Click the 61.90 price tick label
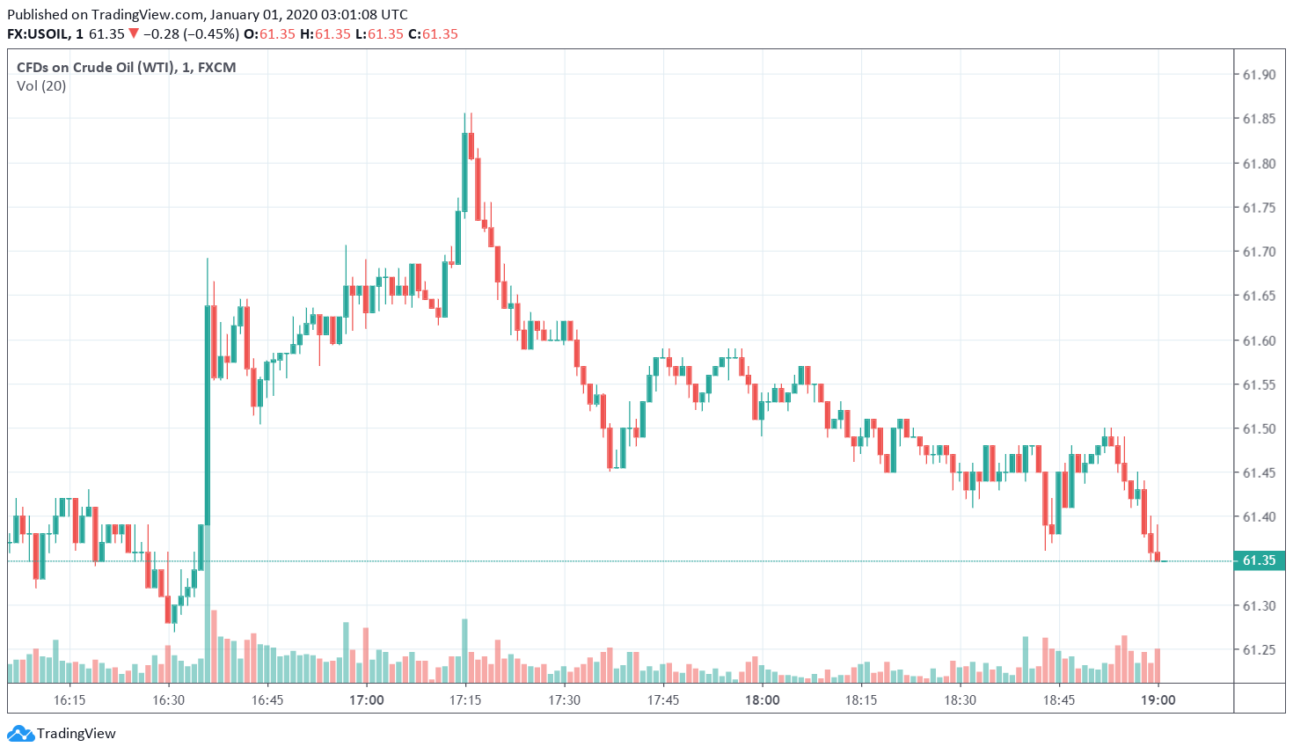click(1258, 75)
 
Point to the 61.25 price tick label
click(1258, 650)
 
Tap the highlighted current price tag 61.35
click(1259, 560)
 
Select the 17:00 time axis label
click(366, 700)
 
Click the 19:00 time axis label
click(1158, 700)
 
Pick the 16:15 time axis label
click(69, 700)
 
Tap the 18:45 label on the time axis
click(1059, 700)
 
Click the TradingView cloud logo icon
click(20, 733)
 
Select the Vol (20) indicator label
click(41, 85)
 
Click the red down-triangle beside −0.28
click(134, 34)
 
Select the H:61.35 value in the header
click(325, 34)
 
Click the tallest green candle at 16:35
click(208, 414)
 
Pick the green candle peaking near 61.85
click(464, 172)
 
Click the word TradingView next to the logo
click(77, 733)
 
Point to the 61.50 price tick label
click(1258, 428)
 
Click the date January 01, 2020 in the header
click(263, 14)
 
